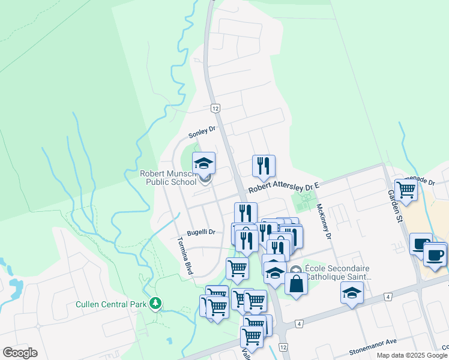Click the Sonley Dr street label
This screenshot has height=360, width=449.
(x=202, y=130)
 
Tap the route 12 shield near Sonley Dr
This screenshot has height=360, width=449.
(x=215, y=108)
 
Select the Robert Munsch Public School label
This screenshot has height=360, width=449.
(x=168, y=178)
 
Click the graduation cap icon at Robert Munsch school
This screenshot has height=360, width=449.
(x=203, y=163)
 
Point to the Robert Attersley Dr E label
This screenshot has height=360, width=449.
(x=282, y=188)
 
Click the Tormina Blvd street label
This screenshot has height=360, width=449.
(x=184, y=256)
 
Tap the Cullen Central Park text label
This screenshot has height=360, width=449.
(x=111, y=304)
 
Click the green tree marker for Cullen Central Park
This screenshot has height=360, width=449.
(x=156, y=304)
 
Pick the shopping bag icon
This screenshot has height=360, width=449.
(x=296, y=284)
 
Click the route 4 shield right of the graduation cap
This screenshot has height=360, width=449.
(x=389, y=296)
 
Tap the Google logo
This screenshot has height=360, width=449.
(x=20, y=353)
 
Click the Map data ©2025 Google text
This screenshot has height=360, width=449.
(x=412, y=355)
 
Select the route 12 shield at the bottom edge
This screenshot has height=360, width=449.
(x=283, y=347)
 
